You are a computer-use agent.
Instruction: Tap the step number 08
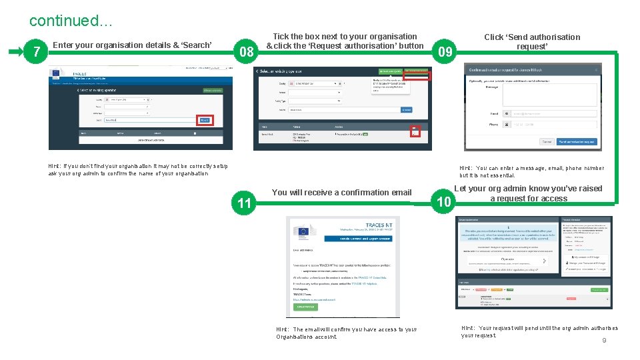[246, 52]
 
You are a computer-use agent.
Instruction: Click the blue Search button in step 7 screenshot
[205, 120]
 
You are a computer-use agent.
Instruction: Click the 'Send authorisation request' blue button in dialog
[576, 141]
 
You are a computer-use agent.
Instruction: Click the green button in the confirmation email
[305, 307]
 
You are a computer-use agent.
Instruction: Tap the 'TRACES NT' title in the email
[375, 226]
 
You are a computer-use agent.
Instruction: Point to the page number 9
[604, 341]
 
